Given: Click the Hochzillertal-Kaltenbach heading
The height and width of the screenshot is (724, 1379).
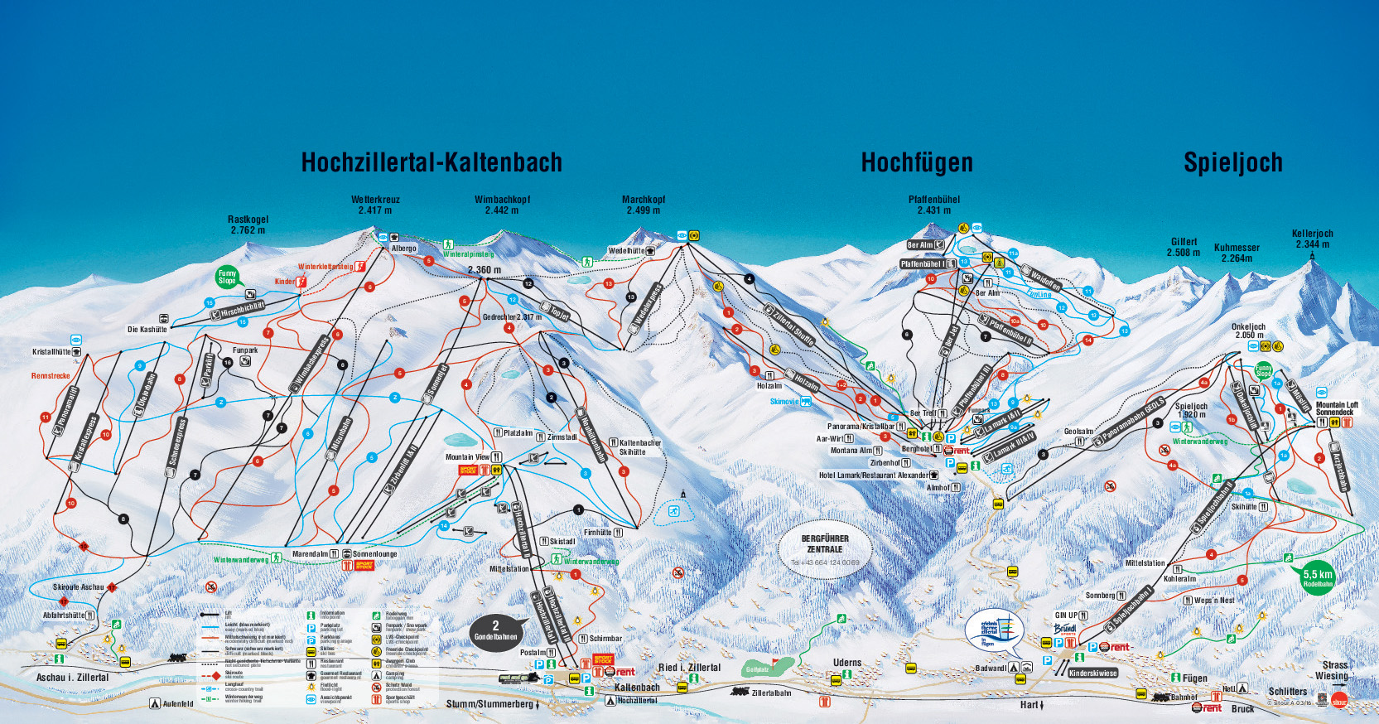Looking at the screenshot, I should coord(432,162).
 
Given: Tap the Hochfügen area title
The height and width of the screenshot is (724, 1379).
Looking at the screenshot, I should coord(917,162).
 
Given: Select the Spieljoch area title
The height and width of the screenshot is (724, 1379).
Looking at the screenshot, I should coord(1232,162).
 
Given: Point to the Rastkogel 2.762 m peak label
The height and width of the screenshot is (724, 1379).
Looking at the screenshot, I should coord(248,224).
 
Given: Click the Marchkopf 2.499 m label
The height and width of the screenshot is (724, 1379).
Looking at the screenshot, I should coord(643,205).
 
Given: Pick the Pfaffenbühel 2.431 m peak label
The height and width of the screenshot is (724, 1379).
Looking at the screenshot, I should coord(933,205).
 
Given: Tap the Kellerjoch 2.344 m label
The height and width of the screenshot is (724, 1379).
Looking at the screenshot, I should coord(1312,239).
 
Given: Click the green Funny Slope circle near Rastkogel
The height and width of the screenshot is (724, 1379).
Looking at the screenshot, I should coord(227,277).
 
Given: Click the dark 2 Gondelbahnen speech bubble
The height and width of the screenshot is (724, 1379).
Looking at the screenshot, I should coord(496,631).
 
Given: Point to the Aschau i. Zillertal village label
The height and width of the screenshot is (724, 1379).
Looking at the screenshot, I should coord(72,678).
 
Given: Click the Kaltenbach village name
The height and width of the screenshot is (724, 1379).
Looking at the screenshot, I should coord(637,688).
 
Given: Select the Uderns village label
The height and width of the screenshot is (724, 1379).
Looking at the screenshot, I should coord(846,663).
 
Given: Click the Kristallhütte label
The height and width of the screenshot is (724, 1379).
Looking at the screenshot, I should coord(51,352).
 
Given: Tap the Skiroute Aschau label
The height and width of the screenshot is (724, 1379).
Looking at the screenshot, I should coord(79,587).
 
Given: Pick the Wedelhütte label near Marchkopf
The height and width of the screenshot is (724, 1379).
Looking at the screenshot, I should coord(626,251).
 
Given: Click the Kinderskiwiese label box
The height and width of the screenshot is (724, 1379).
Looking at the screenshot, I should coord(1092,673).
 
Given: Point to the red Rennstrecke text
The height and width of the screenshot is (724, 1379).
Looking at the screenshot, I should coord(51,376).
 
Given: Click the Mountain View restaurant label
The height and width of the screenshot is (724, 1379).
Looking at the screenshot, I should coord(467,457).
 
